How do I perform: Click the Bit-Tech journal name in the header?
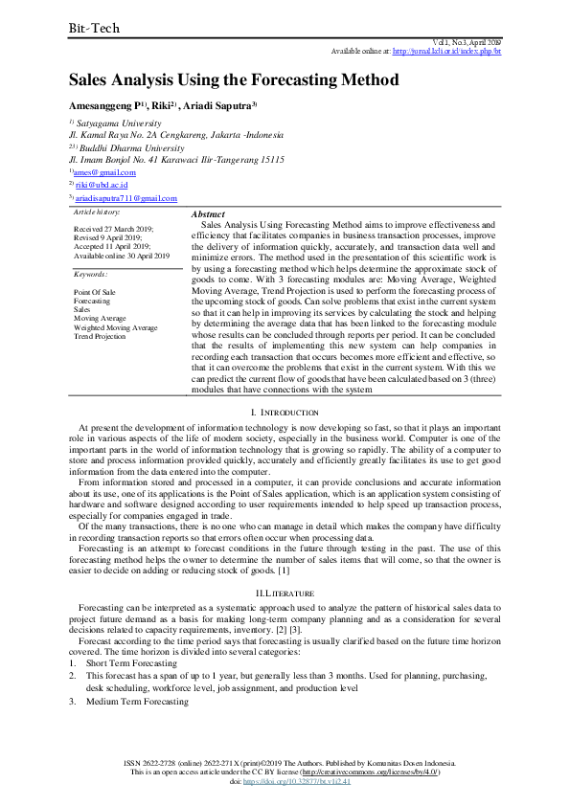point(93,29)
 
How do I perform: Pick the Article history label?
point(97,212)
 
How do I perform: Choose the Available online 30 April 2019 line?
point(122,256)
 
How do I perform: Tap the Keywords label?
point(91,274)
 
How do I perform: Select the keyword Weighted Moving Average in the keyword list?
point(116,327)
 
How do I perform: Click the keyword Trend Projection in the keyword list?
point(100,337)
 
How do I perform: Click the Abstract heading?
point(209,214)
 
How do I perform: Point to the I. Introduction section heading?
point(285,411)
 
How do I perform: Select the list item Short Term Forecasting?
point(131,663)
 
